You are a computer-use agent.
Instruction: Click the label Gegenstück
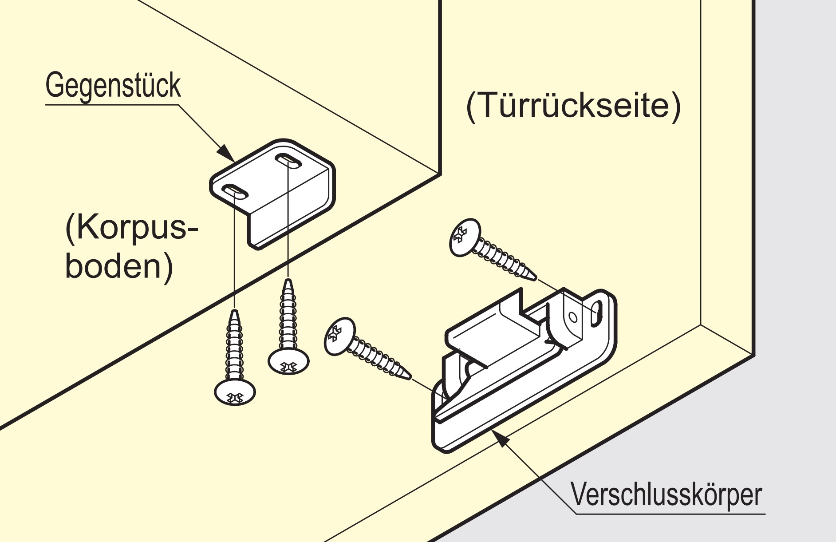tap(113, 87)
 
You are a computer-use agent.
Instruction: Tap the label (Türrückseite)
tap(573, 107)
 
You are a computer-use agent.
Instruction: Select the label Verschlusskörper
tap(666, 495)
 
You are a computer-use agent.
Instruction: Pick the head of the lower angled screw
tap(340, 336)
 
